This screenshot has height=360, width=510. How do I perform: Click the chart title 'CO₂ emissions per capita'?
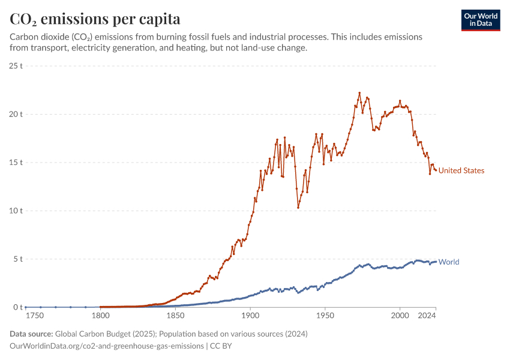click(95, 19)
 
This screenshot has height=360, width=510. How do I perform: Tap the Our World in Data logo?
click(480, 20)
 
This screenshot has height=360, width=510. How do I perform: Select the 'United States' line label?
click(461, 170)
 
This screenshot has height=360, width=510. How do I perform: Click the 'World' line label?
click(449, 262)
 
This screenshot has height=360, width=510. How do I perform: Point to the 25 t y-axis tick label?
click(16, 65)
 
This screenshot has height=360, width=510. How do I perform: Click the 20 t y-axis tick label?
click(16, 114)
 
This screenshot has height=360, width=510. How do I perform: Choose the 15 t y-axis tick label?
click(16, 163)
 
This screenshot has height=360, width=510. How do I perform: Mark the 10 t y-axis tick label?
click(16, 211)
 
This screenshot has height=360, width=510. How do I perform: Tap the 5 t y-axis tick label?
click(17, 259)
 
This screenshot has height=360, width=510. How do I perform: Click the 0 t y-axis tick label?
click(17, 307)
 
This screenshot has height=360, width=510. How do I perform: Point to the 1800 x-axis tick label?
click(100, 316)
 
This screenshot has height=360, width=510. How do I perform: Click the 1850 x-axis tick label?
click(175, 316)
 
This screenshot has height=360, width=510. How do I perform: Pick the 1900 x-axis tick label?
click(250, 316)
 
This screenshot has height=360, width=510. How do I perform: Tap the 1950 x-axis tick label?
click(325, 316)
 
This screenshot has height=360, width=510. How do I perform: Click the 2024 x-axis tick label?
click(427, 316)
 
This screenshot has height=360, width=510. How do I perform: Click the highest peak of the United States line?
click(359, 93)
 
